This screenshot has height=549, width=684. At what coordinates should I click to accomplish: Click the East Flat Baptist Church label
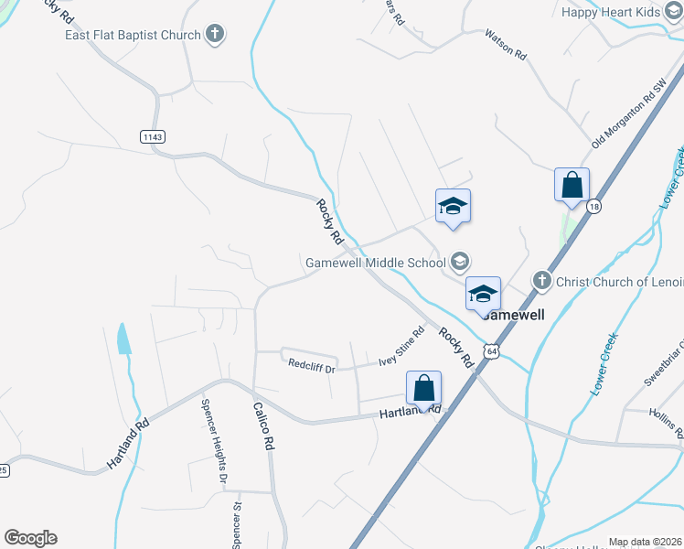pyautogui.click(x=133, y=36)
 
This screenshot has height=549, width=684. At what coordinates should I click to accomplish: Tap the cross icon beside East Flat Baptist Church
pyautogui.click(x=215, y=35)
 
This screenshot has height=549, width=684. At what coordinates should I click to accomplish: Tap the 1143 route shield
pyautogui.click(x=153, y=136)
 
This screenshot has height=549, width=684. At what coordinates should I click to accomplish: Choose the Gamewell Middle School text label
pyautogui.click(x=375, y=263)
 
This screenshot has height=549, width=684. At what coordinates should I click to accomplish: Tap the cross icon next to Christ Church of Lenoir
pyautogui.click(x=540, y=281)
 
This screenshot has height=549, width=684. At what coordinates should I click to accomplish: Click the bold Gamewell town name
pyautogui.click(x=513, y=315)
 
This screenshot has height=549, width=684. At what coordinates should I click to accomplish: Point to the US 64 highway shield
pyautogui.click(x=492, y=351)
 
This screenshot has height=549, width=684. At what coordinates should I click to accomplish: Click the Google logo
pyautogui.click(x=30, y=538)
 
